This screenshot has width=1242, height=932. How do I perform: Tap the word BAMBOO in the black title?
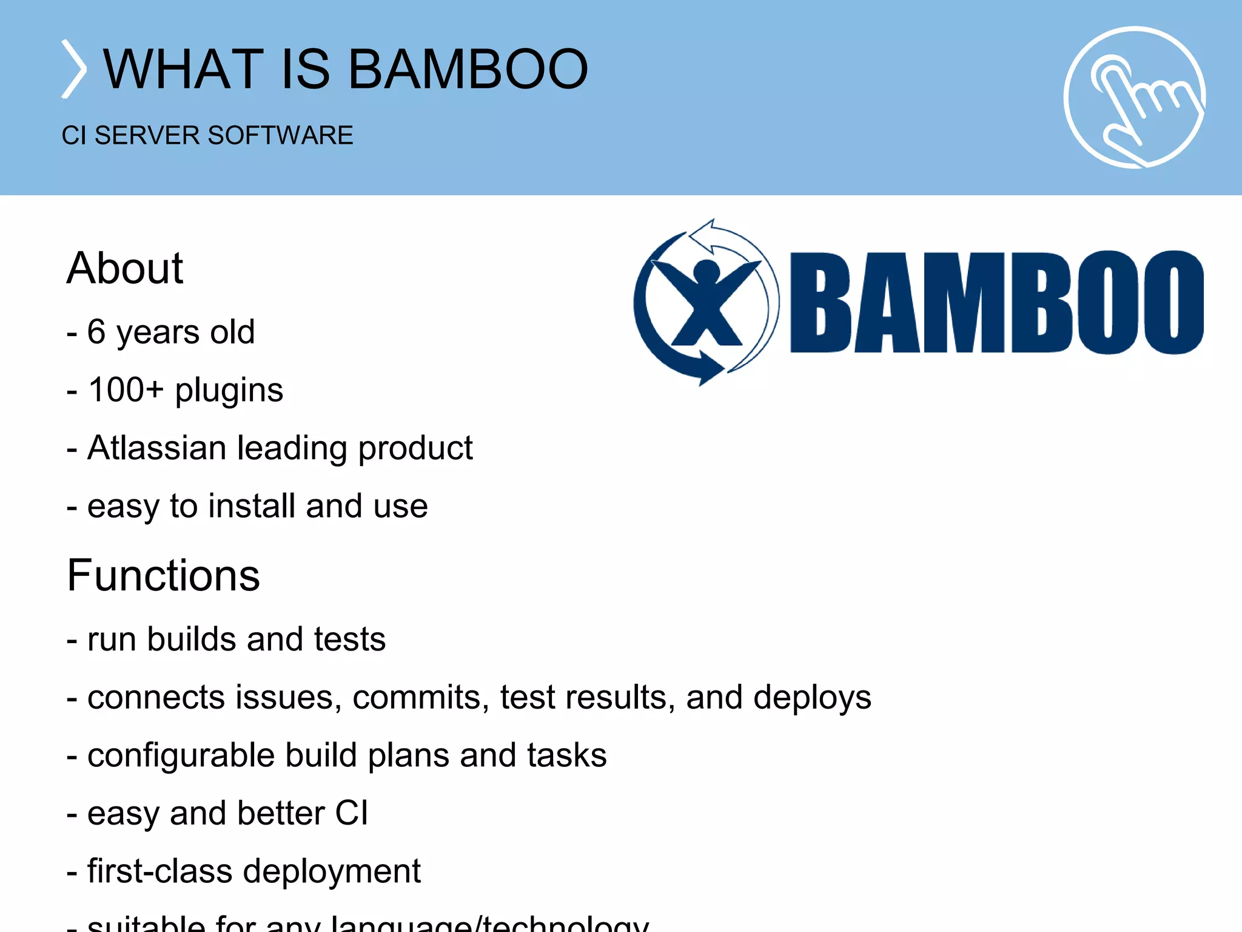[468, 69]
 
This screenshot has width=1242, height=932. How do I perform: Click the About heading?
[125, 268]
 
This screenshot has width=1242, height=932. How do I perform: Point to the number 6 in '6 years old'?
[96, 332]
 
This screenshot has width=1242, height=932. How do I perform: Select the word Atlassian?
[156, 448]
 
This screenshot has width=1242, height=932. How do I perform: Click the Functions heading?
[164, 575]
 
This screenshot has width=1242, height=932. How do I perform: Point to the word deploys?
[813, 698]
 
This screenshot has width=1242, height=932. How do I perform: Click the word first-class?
[159, 871]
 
